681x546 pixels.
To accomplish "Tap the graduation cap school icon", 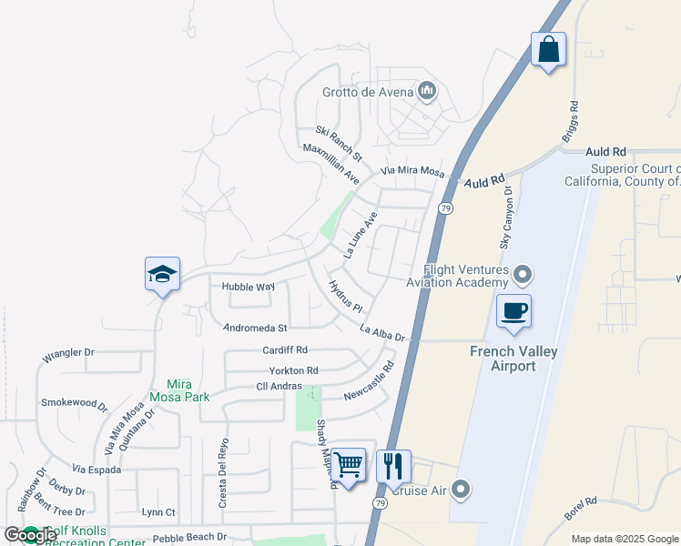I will (162, 274).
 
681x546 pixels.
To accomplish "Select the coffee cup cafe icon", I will (513, 311).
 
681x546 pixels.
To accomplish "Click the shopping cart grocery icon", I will (349, 465).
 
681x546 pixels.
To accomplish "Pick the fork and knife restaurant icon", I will (393, 466).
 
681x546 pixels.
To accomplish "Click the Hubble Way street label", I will (248, 287).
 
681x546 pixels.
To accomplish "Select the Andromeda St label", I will (256, 328).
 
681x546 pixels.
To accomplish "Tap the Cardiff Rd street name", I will (285, 349).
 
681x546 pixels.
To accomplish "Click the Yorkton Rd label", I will (293, 370).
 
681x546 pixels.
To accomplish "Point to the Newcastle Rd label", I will (369, 382).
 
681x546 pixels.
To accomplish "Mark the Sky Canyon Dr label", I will (506, 218).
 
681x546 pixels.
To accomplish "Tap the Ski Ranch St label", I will (339, 143).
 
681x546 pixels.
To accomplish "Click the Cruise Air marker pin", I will (461, 490).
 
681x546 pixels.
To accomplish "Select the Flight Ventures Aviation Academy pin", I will (523, 274).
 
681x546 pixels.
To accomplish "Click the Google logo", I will (31, 535).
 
